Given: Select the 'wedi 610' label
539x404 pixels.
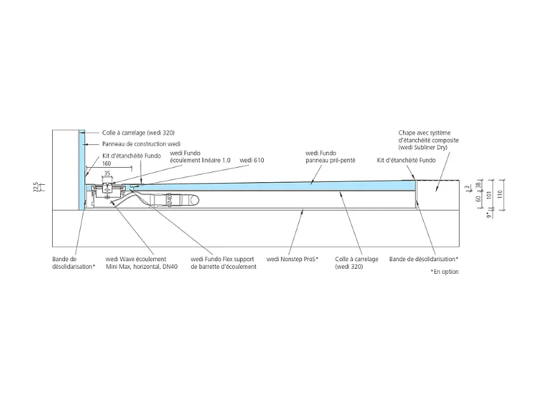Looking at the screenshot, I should click(252, 160).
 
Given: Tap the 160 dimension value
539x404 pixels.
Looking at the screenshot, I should click(106, 163).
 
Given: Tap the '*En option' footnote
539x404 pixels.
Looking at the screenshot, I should click(444, 271).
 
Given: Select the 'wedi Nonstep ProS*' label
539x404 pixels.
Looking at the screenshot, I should click(292, 259).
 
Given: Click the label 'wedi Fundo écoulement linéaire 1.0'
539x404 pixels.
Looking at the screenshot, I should click(200, 156).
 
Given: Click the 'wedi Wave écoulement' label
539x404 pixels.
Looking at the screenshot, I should click(135, 259).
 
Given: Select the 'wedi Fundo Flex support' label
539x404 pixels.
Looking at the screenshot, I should click(224, 259).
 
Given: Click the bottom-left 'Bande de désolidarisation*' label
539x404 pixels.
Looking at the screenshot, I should click(73, 263).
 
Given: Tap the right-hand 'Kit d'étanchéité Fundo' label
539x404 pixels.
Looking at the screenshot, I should click(406, 160).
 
